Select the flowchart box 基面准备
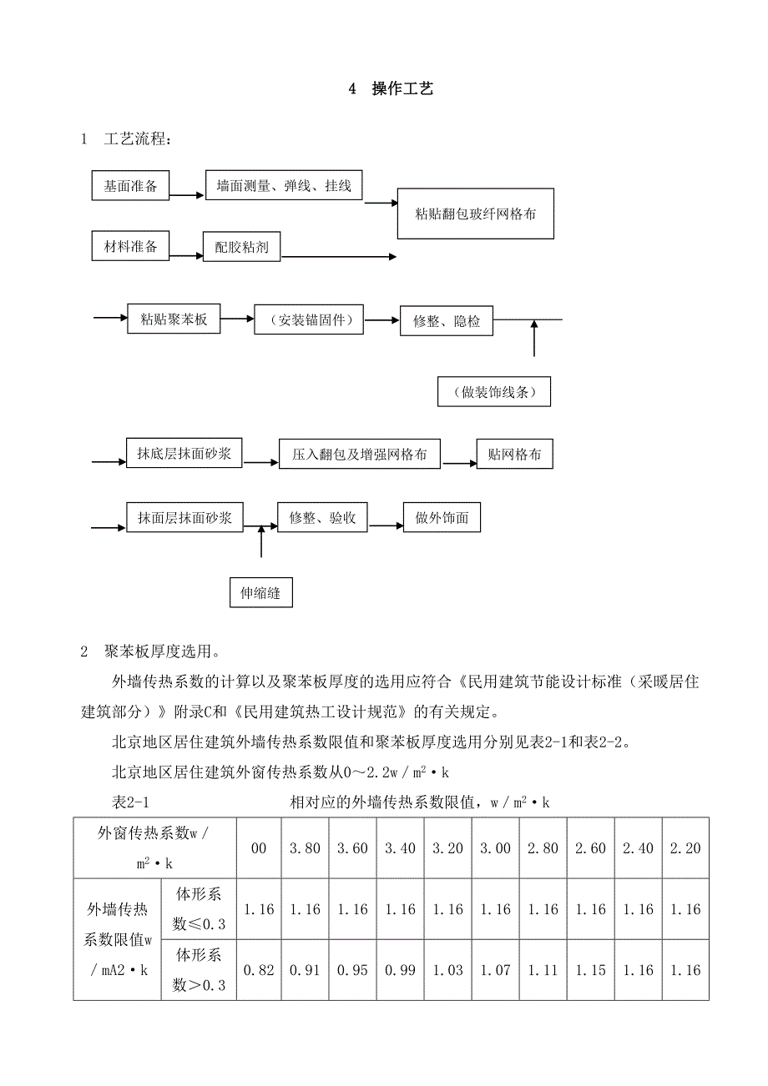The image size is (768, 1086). click(130, 186)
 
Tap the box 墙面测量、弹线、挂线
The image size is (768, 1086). click(285, 186)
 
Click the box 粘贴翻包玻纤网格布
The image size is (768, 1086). click(476, 214)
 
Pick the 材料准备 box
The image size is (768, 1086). click(130, 248)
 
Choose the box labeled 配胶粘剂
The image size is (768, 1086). click(241, 248)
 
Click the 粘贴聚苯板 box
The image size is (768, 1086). click(174, 319)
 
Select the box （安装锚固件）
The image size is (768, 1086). click(309, 320)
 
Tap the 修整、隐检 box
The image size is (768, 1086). click(447, 321)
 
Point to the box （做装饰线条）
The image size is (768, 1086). click(494, 392)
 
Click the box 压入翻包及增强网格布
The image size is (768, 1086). click(360, 455)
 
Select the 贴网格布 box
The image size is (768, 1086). click(514, 455)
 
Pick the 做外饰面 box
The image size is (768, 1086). click(442, 518)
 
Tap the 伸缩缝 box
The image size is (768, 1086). click(260, 593)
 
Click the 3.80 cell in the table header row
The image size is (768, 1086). click(305, 848)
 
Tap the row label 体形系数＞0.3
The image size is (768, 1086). click(199, 970)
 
